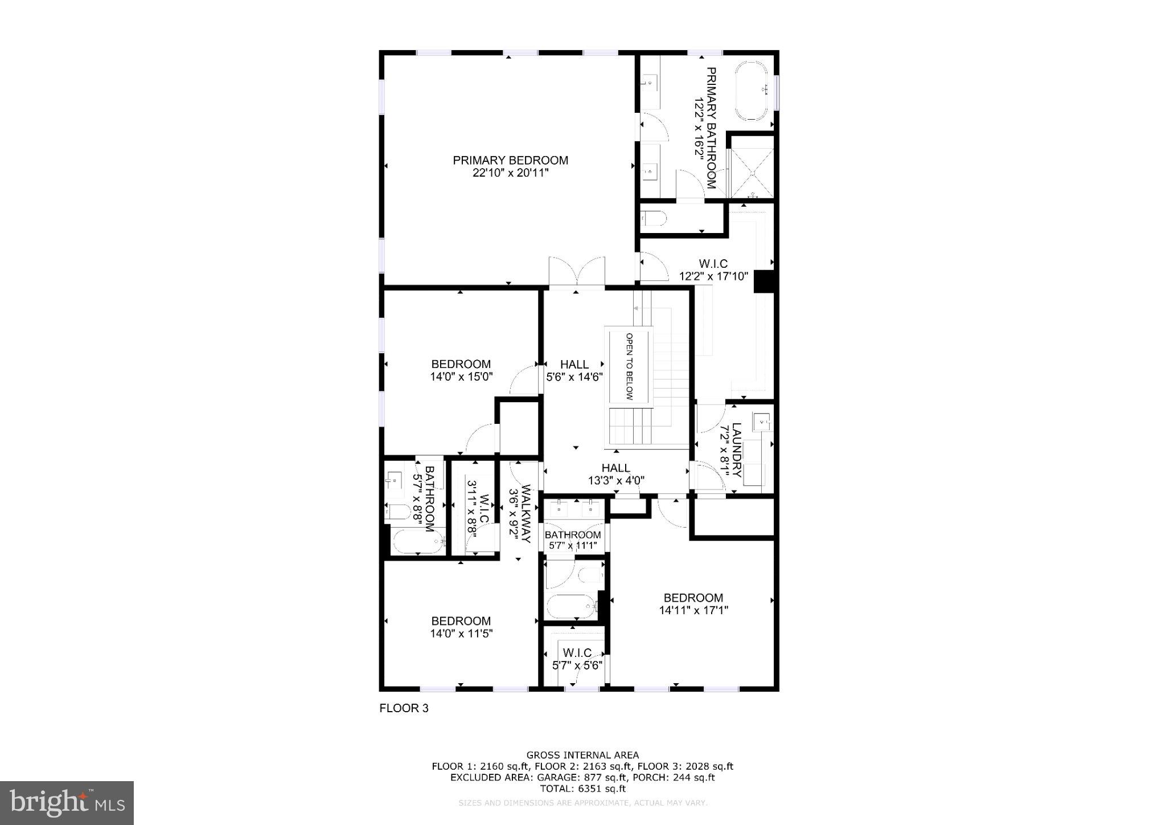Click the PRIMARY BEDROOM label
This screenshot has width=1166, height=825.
510,160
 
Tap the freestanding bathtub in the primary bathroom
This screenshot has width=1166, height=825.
752,91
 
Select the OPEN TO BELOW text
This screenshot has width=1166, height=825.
629,366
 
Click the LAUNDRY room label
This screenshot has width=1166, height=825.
737,450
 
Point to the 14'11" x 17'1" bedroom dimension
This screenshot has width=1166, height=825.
693,610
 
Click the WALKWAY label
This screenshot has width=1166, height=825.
525,513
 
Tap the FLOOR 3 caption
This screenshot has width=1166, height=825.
404,708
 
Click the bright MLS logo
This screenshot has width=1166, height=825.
67,803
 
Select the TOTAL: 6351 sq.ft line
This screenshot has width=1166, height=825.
582,789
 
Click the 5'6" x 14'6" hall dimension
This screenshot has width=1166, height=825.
574,377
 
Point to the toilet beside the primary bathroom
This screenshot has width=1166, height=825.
653,218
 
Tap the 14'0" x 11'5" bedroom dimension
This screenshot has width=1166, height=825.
461,633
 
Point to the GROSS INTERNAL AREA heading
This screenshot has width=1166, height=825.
582,755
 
